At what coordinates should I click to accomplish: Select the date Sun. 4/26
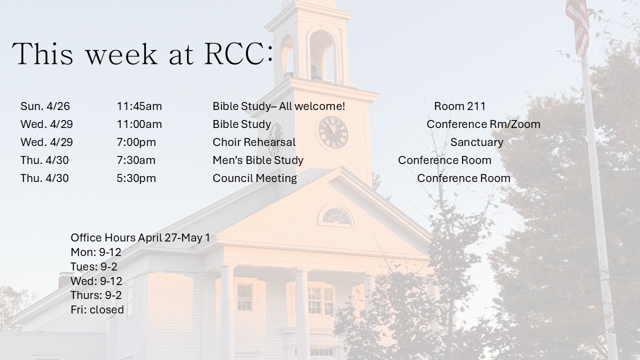(45, 106)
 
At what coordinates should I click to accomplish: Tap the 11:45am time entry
(139, 106)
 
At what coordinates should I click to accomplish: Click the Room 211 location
(459, 106)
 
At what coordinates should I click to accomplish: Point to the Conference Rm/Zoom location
(483, 124)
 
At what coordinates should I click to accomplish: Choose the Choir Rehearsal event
(254, 142)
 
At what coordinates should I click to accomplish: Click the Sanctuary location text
(477, 142)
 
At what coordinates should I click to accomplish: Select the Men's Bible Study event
(258, 160)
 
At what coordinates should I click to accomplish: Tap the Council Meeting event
(254, 178)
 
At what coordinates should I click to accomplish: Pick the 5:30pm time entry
(136, 178)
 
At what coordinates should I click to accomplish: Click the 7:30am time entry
(136, 160)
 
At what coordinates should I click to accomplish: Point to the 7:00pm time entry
(136, 142)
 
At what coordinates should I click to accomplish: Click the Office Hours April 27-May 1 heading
(140, 237)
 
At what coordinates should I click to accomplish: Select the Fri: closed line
(97, 309)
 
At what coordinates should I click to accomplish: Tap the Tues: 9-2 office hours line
(94, 266)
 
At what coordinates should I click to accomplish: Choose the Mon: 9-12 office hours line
(96, 252)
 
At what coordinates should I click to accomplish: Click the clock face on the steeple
(333, 132)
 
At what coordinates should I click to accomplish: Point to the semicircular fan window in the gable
(336, 216)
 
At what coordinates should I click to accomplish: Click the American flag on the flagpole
(577, 25)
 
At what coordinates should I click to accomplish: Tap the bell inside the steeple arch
(315, 72)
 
